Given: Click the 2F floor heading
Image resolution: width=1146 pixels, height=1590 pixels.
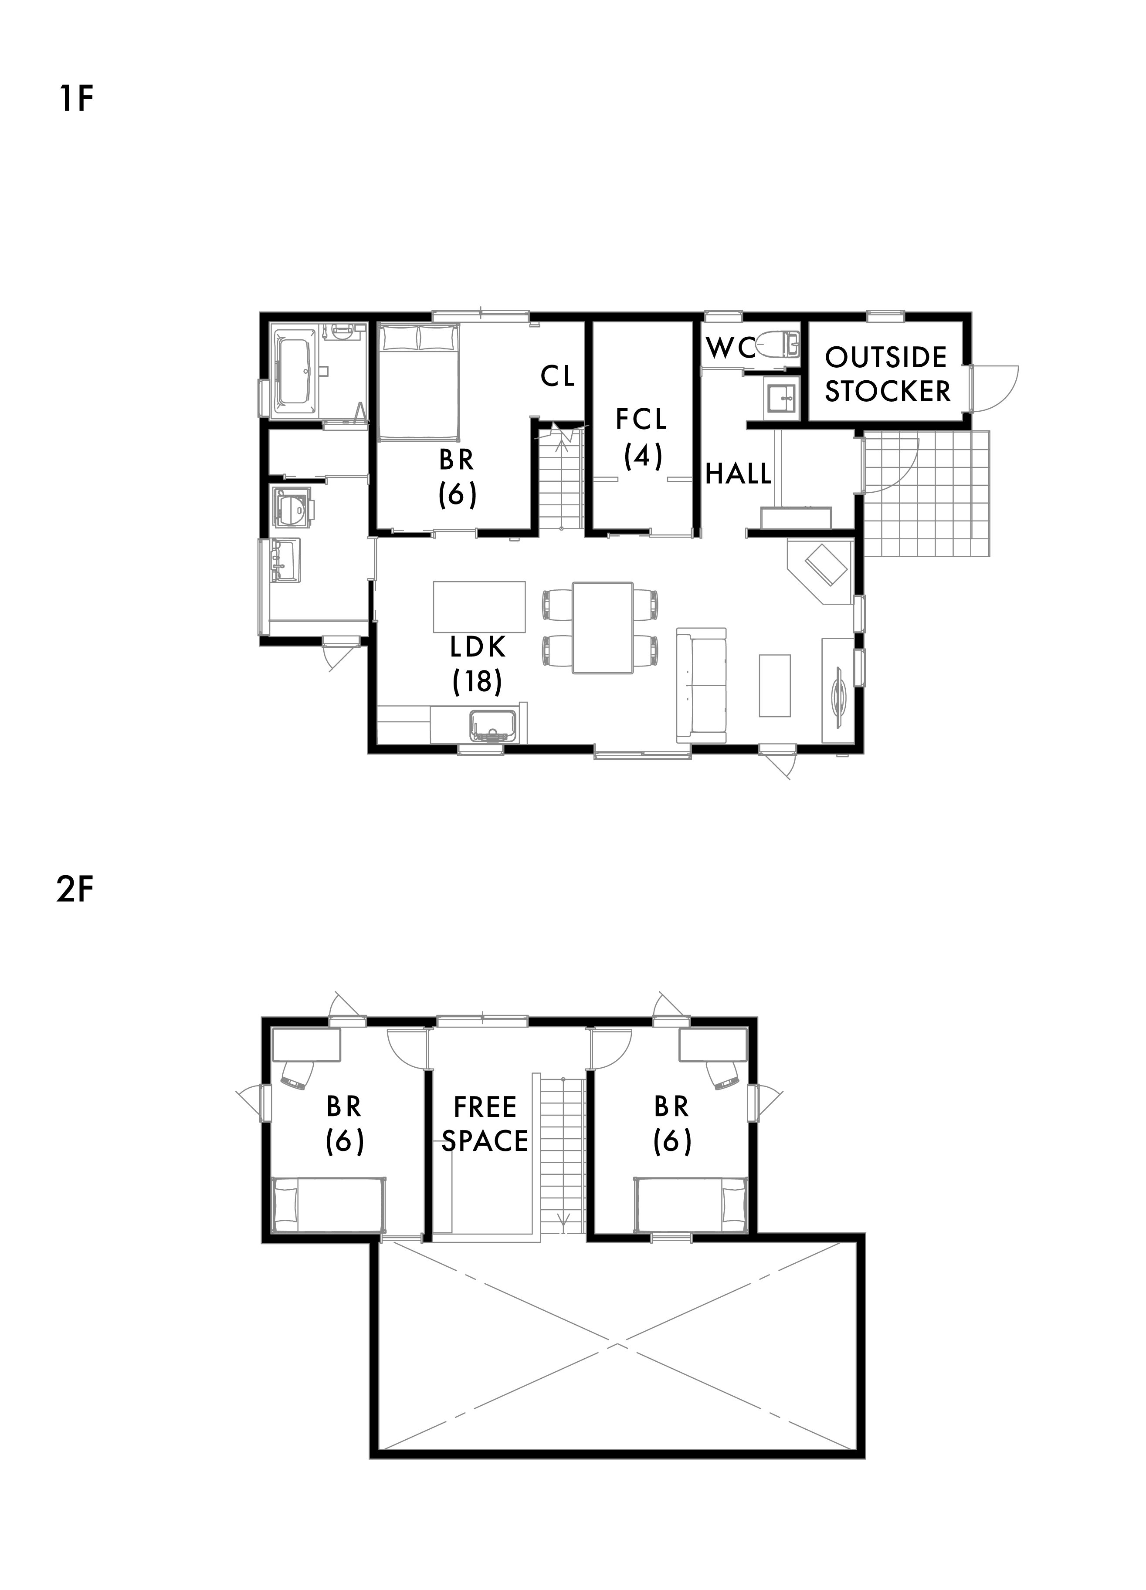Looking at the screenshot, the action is (75, 891).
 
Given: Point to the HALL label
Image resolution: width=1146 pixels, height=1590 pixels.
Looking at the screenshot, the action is (739, 474).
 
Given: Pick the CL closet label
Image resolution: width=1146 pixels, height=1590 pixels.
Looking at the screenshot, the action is (558, 377).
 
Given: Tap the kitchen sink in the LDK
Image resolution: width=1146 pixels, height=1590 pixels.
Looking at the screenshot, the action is (494, 725).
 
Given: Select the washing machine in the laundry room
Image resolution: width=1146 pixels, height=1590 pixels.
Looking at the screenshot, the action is (293, 505).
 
